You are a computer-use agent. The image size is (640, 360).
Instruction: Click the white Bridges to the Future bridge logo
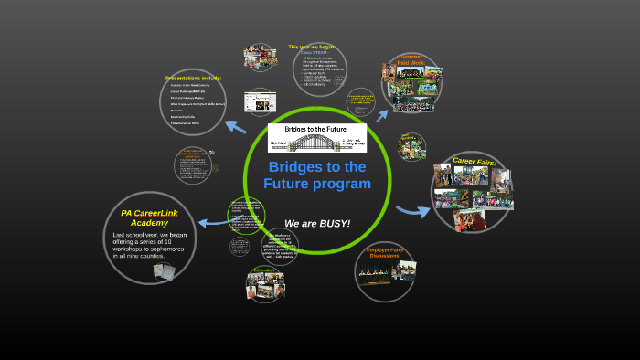(316, 137)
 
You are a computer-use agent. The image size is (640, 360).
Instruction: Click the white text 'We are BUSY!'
(316, 224)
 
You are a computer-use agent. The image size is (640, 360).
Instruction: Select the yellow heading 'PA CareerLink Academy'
(149, 217)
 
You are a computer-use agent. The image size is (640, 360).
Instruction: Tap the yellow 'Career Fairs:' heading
(474, 162)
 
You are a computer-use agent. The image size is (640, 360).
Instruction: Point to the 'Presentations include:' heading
(193, 78)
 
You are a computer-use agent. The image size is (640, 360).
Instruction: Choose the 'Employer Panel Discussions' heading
(383, 252)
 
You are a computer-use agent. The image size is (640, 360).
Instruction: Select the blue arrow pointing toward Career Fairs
(413, 212)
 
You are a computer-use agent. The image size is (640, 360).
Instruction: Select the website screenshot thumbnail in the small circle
(259, 101)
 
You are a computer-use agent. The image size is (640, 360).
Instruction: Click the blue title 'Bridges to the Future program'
(316, 175)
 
